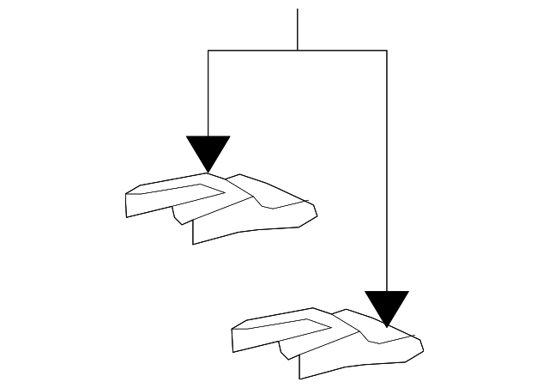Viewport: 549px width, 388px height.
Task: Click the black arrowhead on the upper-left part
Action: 208,151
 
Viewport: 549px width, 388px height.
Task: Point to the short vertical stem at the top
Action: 298,29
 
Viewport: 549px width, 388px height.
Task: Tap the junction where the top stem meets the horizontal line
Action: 298,51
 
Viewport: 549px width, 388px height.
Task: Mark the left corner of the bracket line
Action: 208,51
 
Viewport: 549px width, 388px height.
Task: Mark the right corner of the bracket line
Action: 387,51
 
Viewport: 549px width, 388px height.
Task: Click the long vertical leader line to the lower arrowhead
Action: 387,172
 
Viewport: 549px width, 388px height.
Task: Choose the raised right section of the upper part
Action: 274,192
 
